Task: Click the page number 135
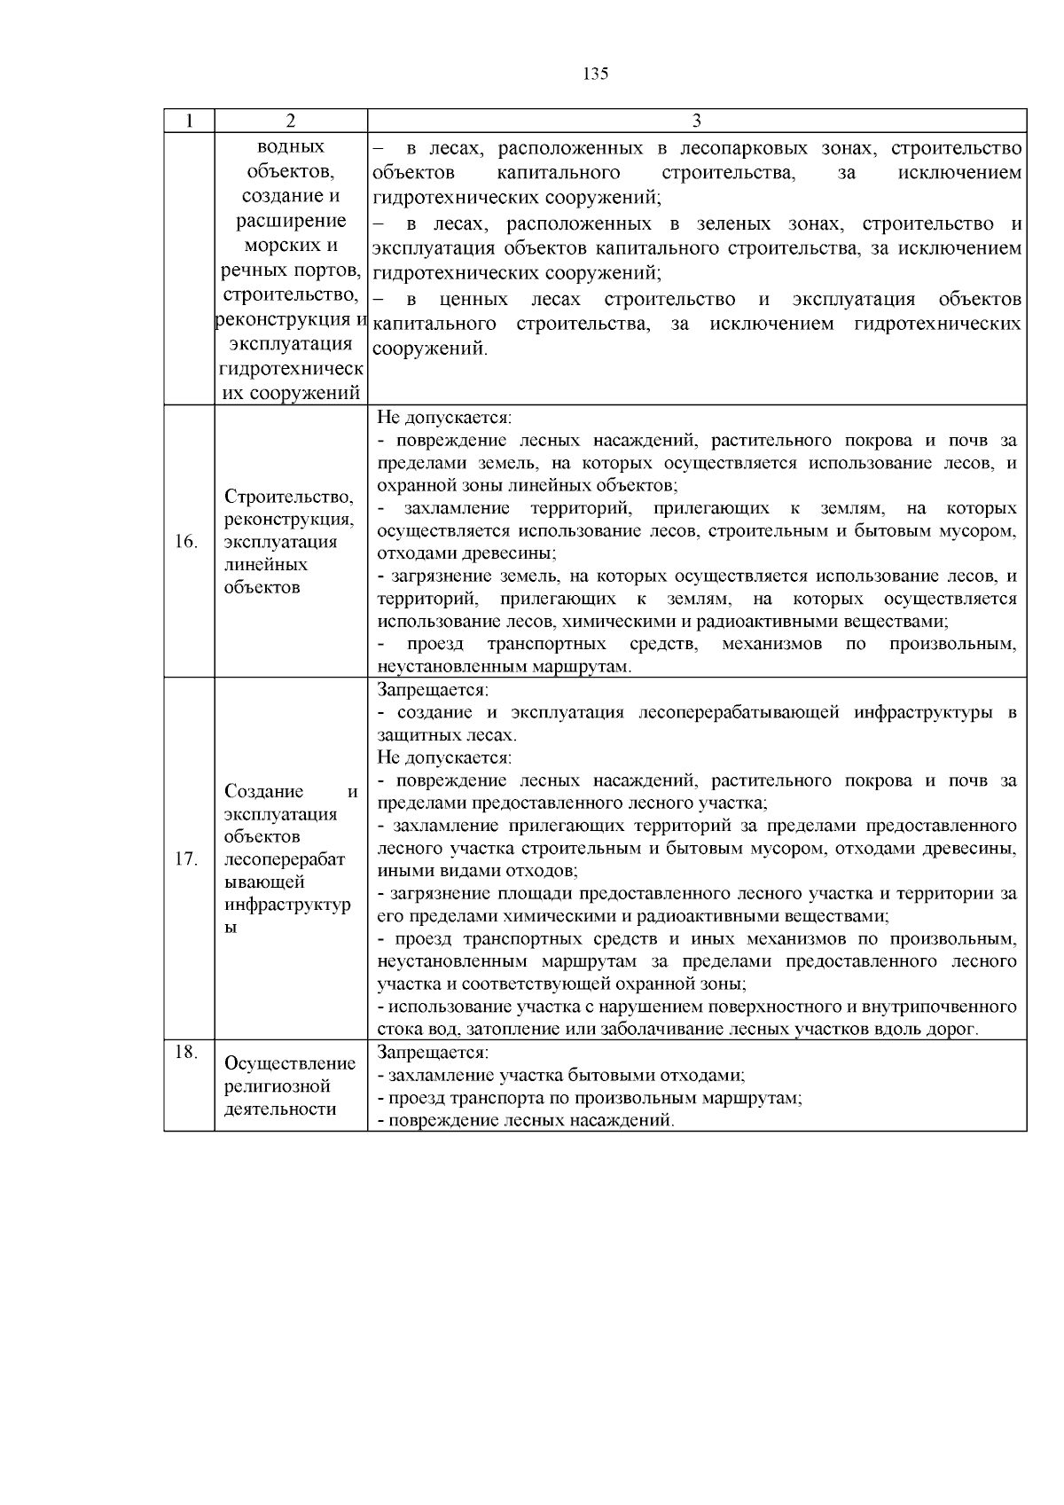[x=596, y=74]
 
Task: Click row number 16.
[x=185, y=542]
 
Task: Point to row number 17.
[x=185, y=859]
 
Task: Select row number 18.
[x=184, y=1052]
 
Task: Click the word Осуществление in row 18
[x=290, y=1063]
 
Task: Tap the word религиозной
[x=278, y=1086]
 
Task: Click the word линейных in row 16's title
[x=266, y=565]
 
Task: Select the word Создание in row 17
[x=263, y=791]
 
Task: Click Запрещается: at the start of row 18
[x=433, y=1053]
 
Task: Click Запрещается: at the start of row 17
[x=433, y=690]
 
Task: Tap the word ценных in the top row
[x=473, y=299]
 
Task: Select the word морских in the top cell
[x=291, y=246]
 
